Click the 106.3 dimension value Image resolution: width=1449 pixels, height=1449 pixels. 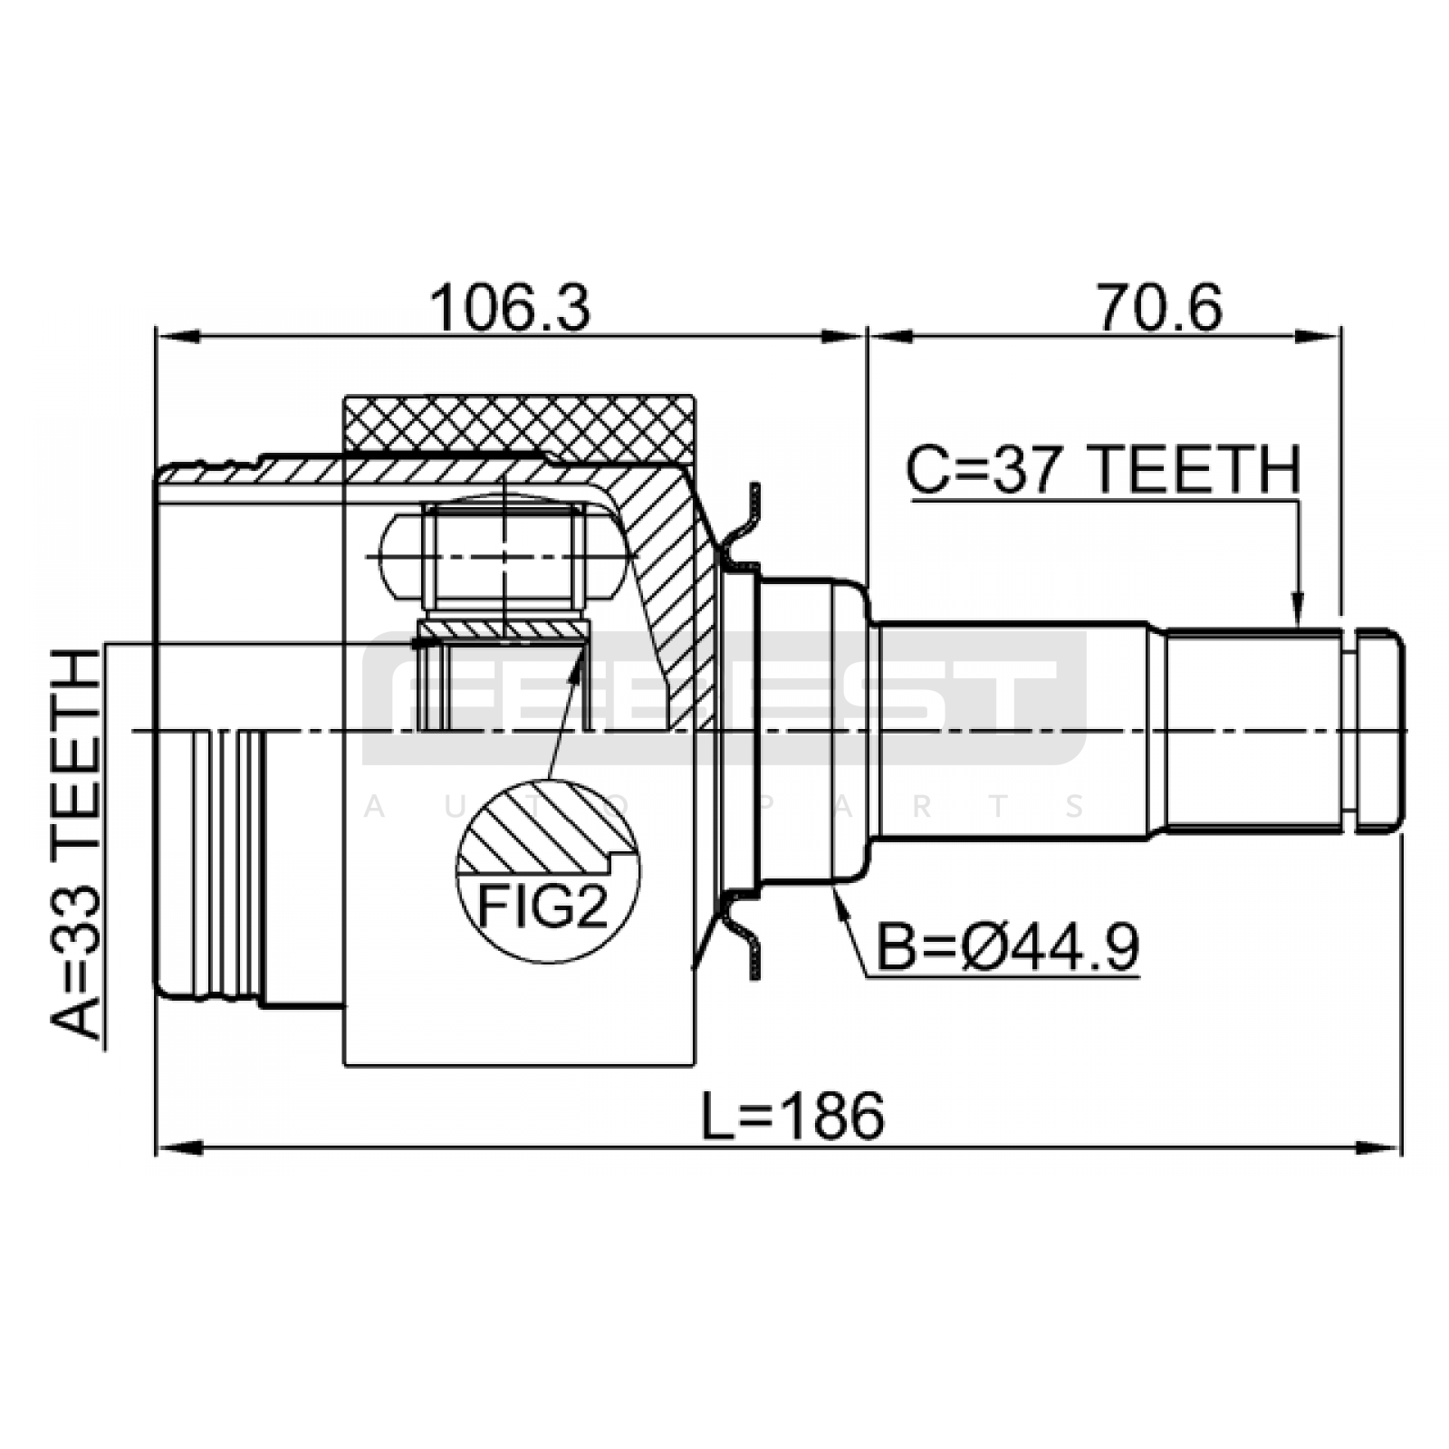tap(510, 308)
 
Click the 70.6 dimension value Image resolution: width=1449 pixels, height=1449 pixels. tap(1160, 308)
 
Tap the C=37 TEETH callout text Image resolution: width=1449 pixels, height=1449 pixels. tap(1104, 469)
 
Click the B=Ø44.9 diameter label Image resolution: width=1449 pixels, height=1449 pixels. tap(1008, 948)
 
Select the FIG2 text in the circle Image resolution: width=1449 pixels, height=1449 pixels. tap(542, 907)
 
